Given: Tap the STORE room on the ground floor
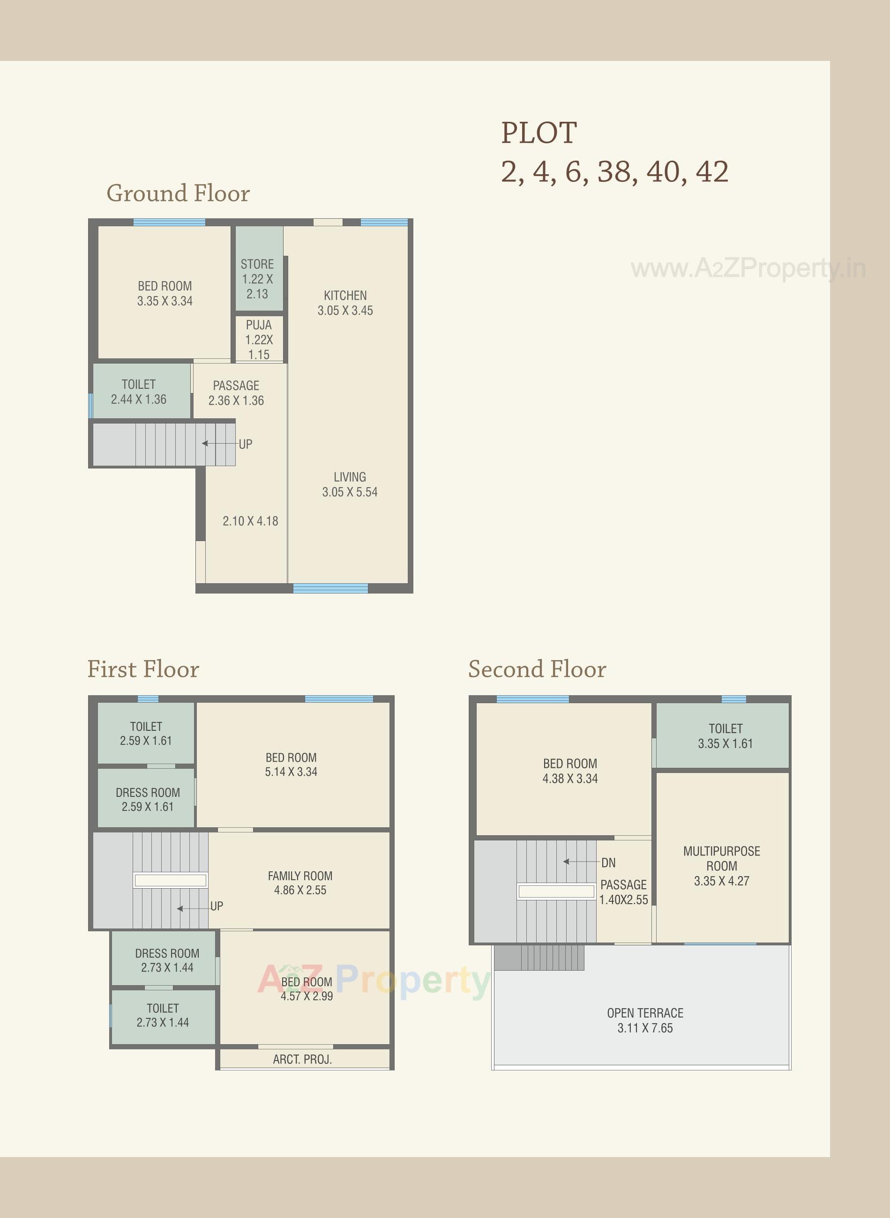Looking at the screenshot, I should (x=257, y=278).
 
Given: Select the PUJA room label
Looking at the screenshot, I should (x=259, y=325).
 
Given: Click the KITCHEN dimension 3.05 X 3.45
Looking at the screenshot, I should (x=345, y=311).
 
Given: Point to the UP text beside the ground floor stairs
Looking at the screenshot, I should (x=245, y=444).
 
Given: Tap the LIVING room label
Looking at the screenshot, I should (x=350, y=477).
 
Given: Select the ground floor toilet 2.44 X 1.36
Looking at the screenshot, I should (x=139, y=392).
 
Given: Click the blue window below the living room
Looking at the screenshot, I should (x=330, y=588).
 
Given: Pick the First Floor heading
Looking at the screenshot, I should (x=143, y=669).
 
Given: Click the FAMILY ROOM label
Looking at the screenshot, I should (x=300, y=876).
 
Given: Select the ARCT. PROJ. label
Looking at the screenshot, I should (x=302, y=1060).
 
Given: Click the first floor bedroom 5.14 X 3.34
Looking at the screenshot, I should (x=291, y=765).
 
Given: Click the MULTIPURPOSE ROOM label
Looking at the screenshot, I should (x=721, y=859).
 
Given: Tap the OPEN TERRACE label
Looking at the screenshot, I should (x=645, y=1013).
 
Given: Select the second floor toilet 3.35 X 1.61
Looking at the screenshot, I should (x=725, y=736).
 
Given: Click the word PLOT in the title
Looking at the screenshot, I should (x=539, y=133).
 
